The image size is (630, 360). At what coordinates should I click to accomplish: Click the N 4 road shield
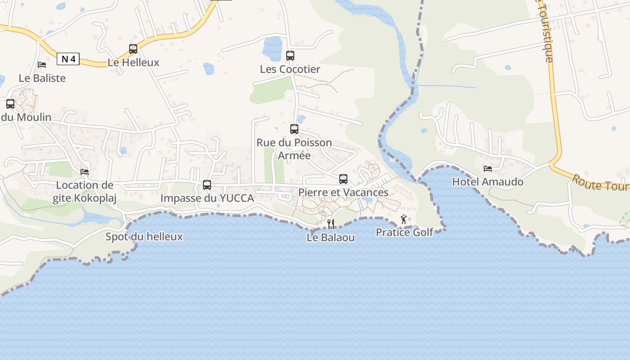click(x=68, y=59)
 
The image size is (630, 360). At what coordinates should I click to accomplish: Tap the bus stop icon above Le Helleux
click(x=133, y=49)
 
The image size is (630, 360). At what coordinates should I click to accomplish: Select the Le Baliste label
click(x=42, y=78)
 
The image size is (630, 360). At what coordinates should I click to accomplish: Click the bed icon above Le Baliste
click(x=42, y=65)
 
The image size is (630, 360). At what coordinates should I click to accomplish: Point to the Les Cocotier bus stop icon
click(x=290, y=56)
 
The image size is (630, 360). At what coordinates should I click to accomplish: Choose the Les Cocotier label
click(x=290, y=69)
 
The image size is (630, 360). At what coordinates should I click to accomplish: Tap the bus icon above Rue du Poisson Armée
click(x=294, y=129)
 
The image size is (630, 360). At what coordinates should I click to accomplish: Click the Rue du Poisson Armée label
click(x=294, y=149)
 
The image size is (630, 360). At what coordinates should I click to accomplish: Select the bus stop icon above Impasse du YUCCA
click(x=207, y=184)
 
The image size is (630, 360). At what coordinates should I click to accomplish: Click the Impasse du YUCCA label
click(x=207, y=198)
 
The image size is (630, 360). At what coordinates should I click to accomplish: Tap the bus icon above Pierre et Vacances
click(x=343, y=179)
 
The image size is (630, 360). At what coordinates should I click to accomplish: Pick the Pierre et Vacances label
click(x=343, y=192)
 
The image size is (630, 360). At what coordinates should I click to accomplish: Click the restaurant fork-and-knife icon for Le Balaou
click(x=331, y=224)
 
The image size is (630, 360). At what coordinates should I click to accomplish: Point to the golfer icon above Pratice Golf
click(x=404, y=219)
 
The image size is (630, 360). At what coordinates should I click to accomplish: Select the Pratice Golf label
click(x=405, y=232)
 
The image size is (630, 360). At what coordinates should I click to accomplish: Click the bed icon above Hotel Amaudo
click(x=488, y=169)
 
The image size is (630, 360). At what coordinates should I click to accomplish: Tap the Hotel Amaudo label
click(x=488, y=182)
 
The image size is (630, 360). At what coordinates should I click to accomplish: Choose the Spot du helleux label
click(x=144, y=237)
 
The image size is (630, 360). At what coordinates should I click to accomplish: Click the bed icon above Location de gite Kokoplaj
click(x=85, y=171)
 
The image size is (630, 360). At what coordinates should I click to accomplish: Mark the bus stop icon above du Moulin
click(x=10, y=104)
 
